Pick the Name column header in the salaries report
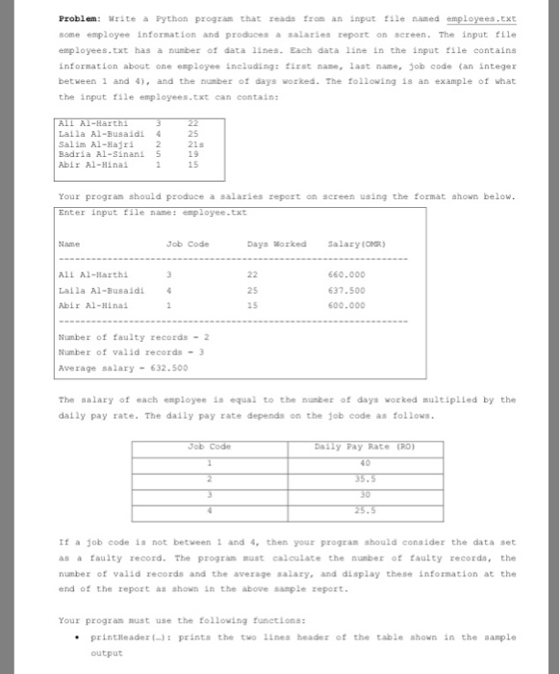tap(69, 245)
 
